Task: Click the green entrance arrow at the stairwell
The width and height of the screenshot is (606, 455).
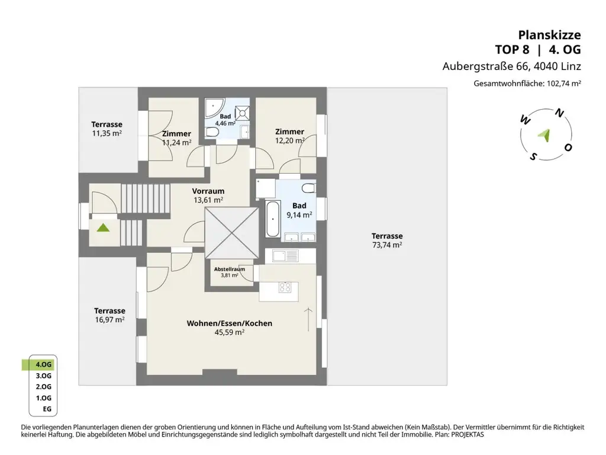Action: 104,227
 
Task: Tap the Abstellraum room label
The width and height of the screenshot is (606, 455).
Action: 230,269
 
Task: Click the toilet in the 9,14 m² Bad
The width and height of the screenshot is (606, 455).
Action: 308,188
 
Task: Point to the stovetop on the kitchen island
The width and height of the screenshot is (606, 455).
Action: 285,287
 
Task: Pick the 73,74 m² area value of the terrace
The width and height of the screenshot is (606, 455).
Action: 387,244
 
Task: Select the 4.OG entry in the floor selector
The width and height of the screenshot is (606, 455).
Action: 43,364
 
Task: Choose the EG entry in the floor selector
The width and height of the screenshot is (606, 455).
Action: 46,409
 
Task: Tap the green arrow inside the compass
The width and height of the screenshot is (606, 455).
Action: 545,135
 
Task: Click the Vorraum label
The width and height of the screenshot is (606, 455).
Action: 208,191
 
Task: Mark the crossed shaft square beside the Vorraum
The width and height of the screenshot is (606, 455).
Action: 232,233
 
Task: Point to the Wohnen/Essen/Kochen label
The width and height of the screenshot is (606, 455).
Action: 229,323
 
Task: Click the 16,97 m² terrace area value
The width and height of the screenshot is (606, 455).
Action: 109,319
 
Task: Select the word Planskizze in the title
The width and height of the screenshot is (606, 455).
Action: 550,34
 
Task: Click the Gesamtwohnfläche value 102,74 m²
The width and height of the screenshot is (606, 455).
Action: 562,84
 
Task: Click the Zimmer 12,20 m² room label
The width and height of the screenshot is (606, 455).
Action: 289,132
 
